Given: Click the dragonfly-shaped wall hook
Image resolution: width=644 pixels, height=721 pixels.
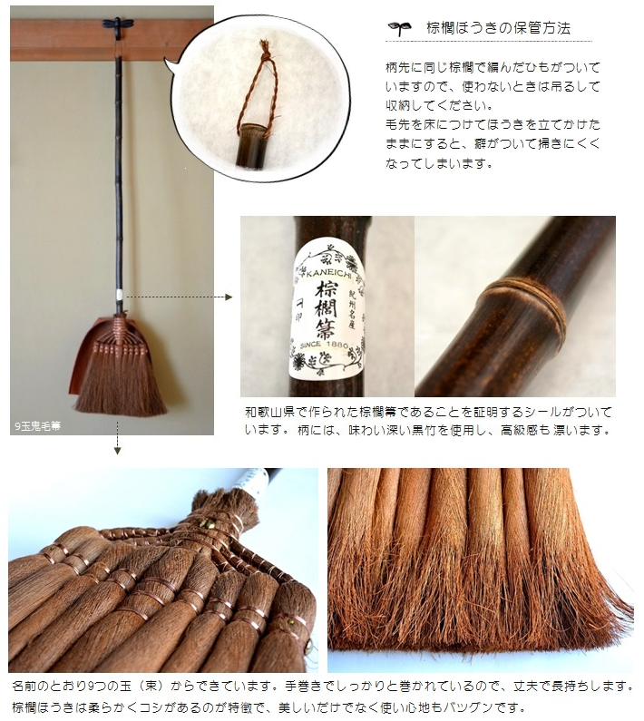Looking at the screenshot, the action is [x=118, y=25].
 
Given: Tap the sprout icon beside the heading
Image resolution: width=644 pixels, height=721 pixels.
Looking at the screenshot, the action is [x=399, y=28].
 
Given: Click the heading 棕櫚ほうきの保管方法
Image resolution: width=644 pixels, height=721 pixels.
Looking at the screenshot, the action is [x=499, y=28].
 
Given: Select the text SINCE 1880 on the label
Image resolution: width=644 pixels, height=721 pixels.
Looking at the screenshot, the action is [x=324, y=344].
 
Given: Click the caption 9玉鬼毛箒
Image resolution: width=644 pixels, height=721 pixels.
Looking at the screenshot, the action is [x=37, y=426].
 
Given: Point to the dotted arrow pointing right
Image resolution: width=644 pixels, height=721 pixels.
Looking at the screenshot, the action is [x=179, y=297].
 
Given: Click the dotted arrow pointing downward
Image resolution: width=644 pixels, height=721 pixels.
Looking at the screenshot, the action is [x=117, y=438].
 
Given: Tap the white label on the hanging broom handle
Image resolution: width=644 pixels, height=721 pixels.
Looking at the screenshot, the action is [x=120, y=294].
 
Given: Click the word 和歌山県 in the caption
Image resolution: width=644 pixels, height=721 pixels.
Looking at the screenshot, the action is [x=270, y=412].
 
